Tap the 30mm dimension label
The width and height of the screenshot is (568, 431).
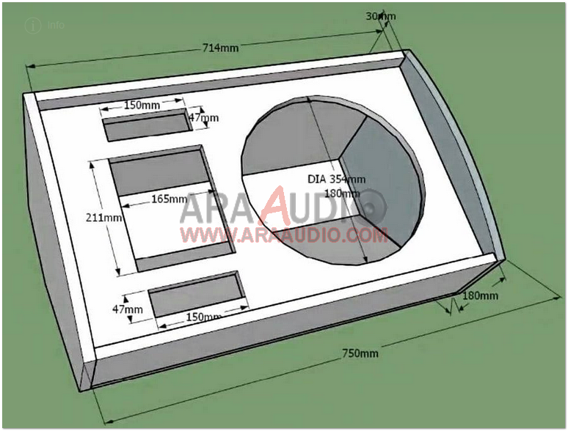click(381, 15)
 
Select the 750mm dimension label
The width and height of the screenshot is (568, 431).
click(360, 353)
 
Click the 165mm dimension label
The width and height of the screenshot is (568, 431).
click(170, 199)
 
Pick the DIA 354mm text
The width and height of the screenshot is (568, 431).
click(336, 179)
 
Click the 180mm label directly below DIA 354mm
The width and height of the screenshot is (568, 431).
click(342, 194)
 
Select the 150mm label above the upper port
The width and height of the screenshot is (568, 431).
click(142, 105)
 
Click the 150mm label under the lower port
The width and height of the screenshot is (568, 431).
click(203, 317)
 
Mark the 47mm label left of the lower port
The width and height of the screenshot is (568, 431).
click(127, 309)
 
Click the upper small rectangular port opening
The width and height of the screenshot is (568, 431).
click(148, 128)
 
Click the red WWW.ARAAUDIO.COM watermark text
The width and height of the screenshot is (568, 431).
click(284, 235)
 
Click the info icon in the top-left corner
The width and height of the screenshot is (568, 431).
click(32, 24)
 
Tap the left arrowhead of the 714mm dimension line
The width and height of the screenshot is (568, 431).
click(30, 67)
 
